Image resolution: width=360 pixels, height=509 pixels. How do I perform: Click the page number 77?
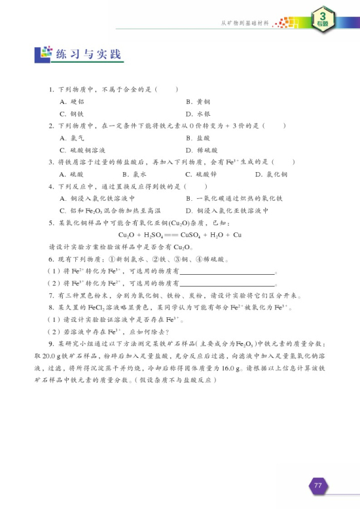click(x=317, y=485)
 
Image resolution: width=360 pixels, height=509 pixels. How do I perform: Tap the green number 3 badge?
click(x=322, y=18)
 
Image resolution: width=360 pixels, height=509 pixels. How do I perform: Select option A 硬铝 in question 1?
click(x=71, y=101)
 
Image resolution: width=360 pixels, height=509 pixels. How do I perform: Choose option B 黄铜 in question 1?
click(x=198, y=101)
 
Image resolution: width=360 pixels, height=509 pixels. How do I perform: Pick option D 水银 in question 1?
click(x=198, y=113)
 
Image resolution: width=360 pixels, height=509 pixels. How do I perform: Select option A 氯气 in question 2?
click(x=71, y=137)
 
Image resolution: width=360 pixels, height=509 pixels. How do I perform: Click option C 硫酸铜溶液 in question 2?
click(x=82, y=149)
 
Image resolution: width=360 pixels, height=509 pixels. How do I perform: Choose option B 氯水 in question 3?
click(x=134, y=174)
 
